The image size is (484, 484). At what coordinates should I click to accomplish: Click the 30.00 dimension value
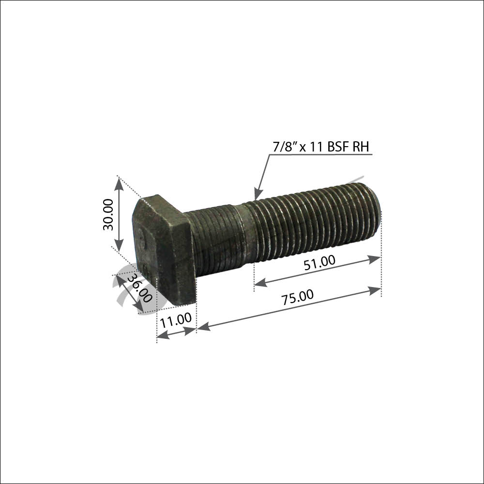108,214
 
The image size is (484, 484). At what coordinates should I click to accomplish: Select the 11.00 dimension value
176,320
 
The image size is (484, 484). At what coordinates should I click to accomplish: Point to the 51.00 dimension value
319,263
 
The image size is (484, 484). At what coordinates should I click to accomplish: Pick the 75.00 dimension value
297,297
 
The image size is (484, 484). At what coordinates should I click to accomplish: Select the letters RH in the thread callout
361,147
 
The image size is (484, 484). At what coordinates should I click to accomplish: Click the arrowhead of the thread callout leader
257,195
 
